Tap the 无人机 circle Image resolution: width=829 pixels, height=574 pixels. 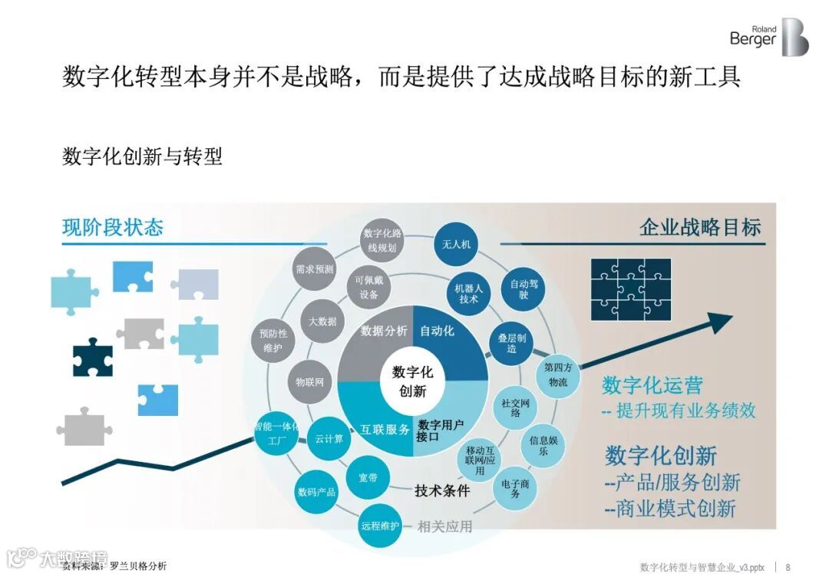456,245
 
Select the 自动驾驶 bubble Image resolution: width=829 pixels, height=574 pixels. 523,289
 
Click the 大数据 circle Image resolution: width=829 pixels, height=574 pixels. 322,322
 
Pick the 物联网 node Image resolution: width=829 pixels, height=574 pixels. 309,381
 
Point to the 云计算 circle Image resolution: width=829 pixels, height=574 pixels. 329,439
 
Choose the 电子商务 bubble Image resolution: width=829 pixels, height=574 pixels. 514,488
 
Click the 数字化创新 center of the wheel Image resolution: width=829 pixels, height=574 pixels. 413,381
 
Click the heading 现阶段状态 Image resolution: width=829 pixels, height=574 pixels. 113,227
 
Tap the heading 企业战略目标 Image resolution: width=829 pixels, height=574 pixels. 700,227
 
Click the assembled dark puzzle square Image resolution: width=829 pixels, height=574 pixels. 631,289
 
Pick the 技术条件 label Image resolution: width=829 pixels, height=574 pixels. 441,491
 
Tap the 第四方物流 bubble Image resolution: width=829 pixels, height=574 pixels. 558,374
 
